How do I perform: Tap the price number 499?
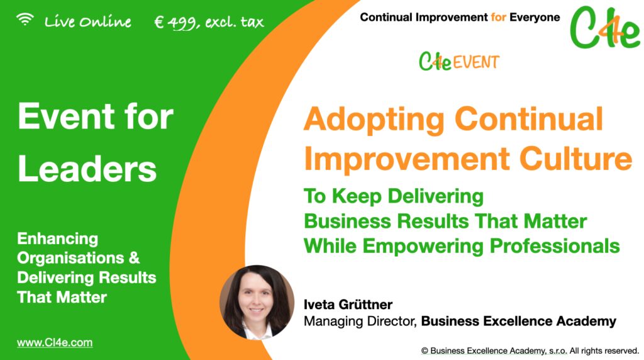(182, 23)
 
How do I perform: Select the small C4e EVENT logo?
(459, 62)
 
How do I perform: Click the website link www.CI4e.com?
(55, 343)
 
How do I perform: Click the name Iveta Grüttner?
(348, 305)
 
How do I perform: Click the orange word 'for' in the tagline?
(497, 17)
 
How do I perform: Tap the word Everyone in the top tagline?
(534, 17)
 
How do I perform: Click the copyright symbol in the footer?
(425, 350)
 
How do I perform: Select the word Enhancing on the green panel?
(58, 239)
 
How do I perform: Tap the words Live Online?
(88, 22)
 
